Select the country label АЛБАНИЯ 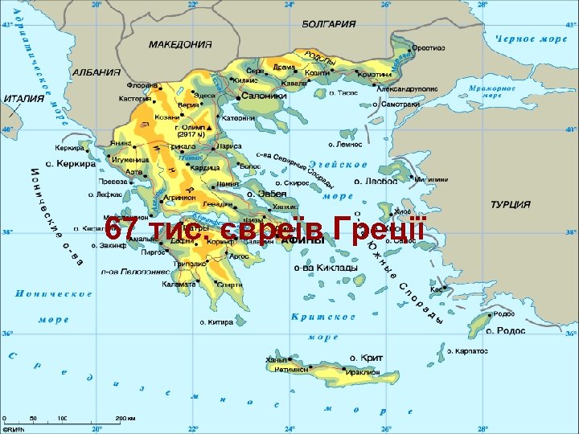[96, 72]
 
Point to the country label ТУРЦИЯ [511, 205]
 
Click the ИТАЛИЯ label [24, 98]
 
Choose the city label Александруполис [408, 91]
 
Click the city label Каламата [179, 284]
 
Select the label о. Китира [216, 321]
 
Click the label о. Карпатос [468, 351]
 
